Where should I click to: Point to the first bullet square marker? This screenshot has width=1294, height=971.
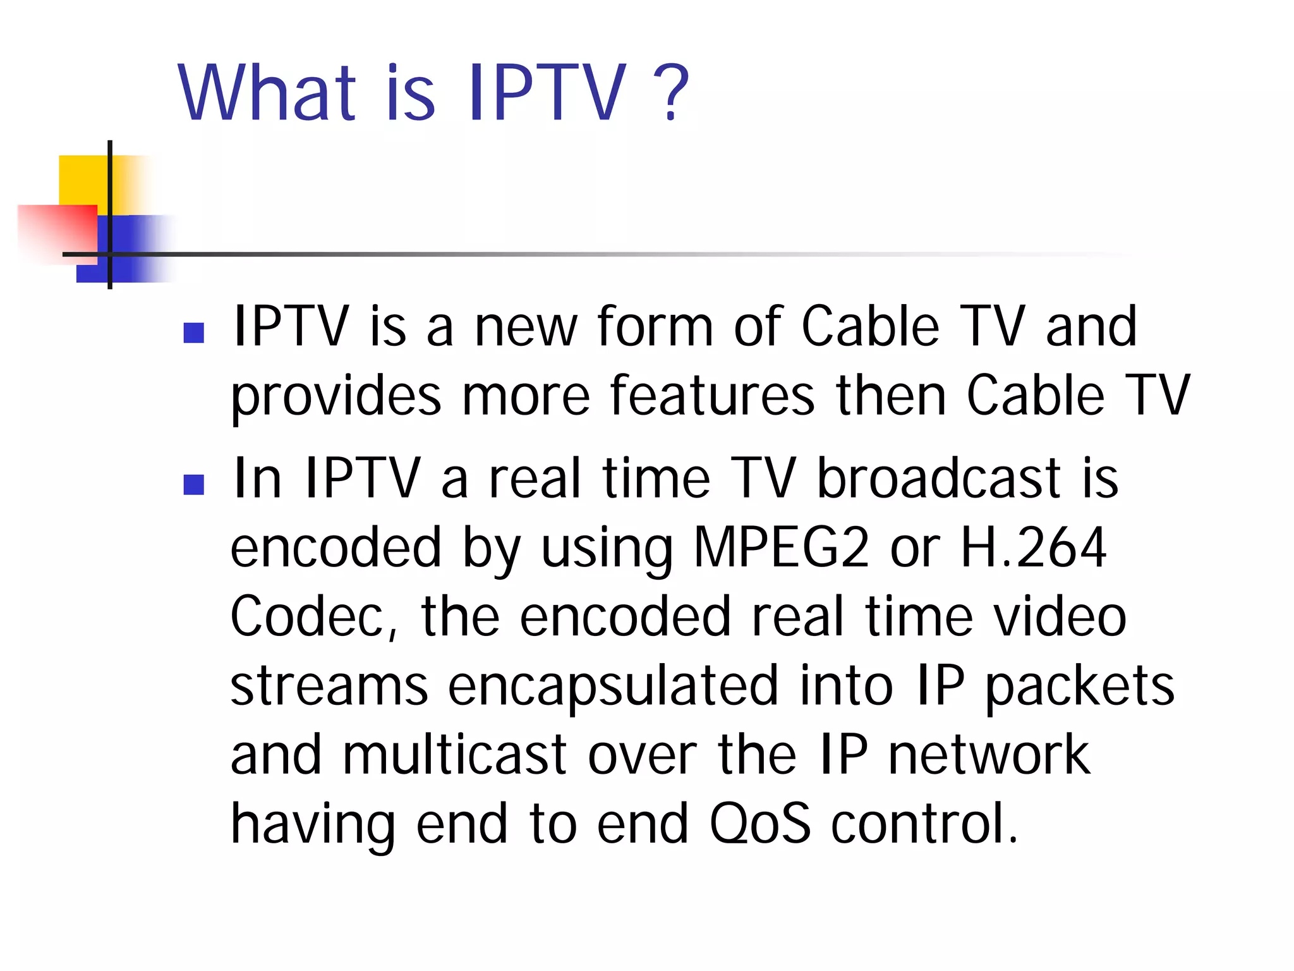[193, 333]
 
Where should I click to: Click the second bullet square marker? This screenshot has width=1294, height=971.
[193, 484]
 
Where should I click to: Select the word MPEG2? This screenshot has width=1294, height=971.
[781, 547]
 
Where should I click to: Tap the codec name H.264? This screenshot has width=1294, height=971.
[1033, 547]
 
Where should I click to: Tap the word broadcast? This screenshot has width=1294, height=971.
[938, 479]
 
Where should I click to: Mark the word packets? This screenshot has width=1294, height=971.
[1079, 687]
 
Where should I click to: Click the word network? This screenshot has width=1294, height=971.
[989, 755]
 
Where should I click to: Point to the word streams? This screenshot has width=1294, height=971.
[329, 687]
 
